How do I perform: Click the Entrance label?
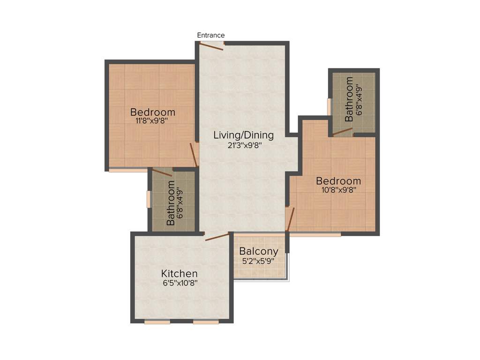pyautogui.click(x=210, y=35)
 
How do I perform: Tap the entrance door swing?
pyautogui.click(x=211, y=46)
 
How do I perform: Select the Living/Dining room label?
pyautogui.click(x=243, y=135)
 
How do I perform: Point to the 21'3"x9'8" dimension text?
pyautogui.click(x=243, y=145)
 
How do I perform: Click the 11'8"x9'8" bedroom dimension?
pyautogui.click(x=152, y=120)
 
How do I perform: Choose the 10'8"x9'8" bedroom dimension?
pyautogui.click(x=338, y=190)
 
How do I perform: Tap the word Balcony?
pyautogui.click(x=259, y=251)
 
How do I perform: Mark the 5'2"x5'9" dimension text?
pyautogui.click(x=259, y=261)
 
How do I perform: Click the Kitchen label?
pyautogui.click(x=180, y=273)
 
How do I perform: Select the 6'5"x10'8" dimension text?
pyautogui.click(x=180, y=283)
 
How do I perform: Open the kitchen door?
pyautogui.click(x=217, y=236)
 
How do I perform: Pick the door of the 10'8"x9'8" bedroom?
pyautogui.click(x=291, y=219)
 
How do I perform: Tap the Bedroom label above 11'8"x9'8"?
pyautogui.click(x=153, y=112)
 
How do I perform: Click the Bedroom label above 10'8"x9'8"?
pyautogui.click(x=338, y=181)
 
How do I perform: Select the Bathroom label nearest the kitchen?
pyautogui.click(x=171, y=203)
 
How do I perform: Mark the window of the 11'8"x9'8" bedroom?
pyautogui.click(x=127, y=170)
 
